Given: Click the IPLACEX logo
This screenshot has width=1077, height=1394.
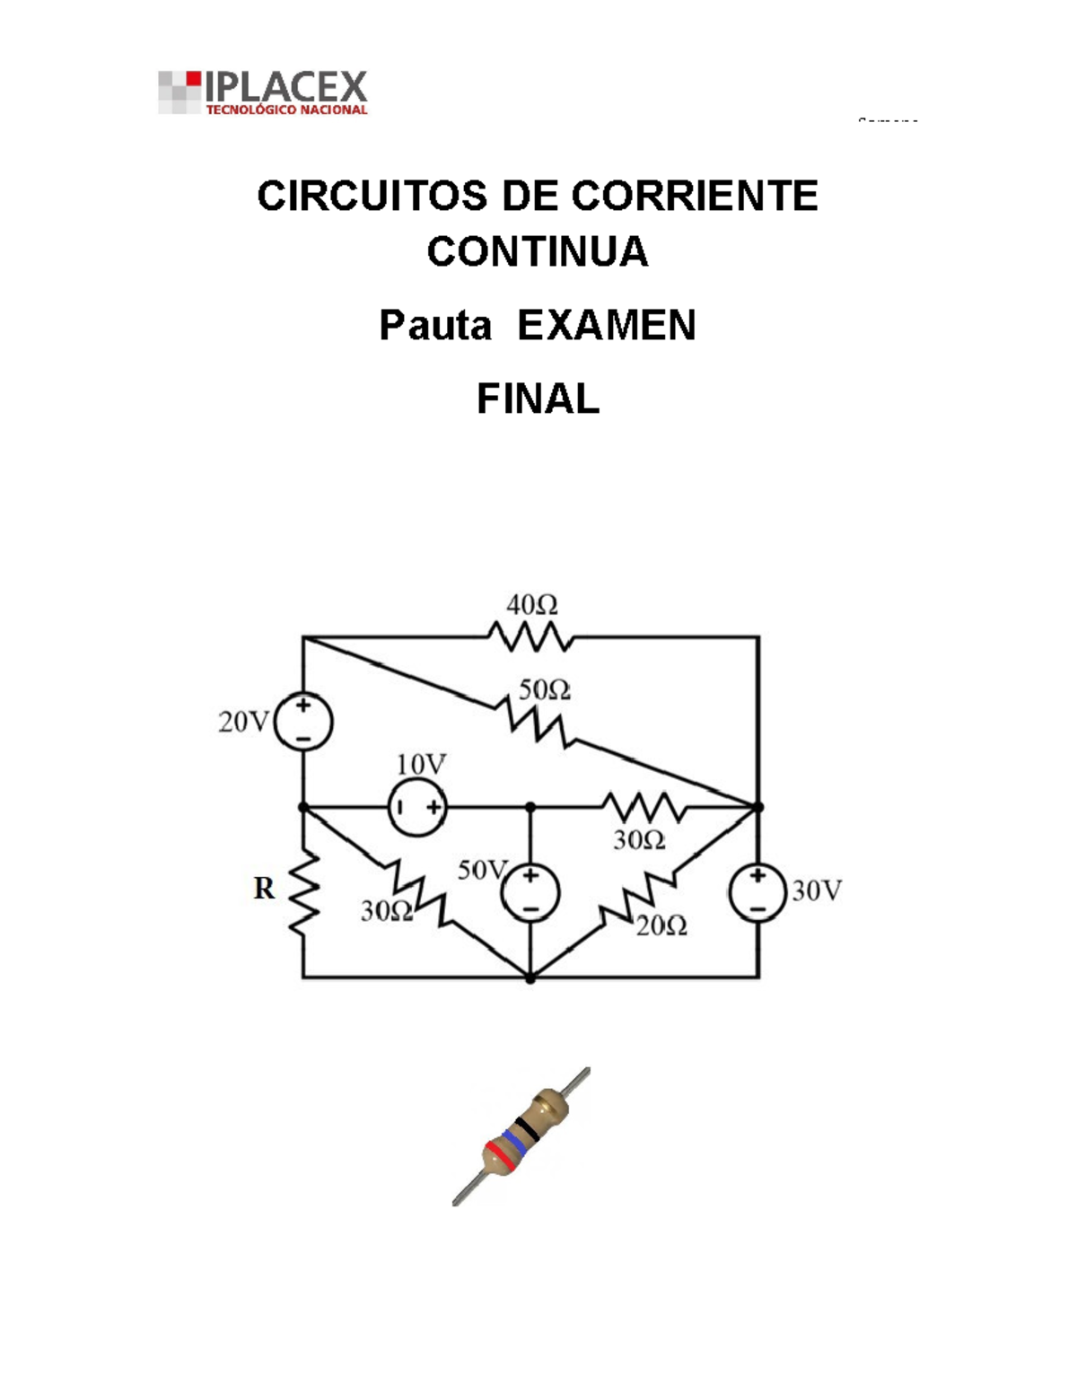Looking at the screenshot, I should point(263,92).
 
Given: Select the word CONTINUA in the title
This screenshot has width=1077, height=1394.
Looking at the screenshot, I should point(537,251).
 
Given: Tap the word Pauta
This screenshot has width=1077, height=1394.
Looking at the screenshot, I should point(435,325).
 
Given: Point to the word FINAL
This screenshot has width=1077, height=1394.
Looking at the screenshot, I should point(538,399).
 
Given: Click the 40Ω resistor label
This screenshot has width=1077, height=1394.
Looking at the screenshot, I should point(531,606).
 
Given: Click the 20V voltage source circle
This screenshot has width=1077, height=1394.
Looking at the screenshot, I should point(303,722).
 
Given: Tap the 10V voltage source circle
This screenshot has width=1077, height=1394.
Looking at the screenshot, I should point(417,808).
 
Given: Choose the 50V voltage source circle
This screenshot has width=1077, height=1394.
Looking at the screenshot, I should point(530,893).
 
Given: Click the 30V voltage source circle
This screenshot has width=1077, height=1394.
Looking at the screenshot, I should point(758,893).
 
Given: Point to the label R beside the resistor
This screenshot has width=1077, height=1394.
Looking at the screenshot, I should point(264,889).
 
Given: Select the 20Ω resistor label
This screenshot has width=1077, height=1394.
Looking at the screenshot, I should point(661,926).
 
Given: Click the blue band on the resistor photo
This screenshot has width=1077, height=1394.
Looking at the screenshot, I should point(513,1143).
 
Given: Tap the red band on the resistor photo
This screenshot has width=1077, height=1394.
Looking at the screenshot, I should point(500,1156).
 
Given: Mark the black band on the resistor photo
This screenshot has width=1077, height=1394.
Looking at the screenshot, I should point(528,1127).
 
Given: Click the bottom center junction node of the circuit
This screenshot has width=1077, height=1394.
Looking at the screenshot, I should point(530,978).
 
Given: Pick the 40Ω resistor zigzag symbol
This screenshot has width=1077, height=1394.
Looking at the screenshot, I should point(530,637).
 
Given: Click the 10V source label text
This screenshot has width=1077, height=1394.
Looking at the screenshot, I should point(421,765).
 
